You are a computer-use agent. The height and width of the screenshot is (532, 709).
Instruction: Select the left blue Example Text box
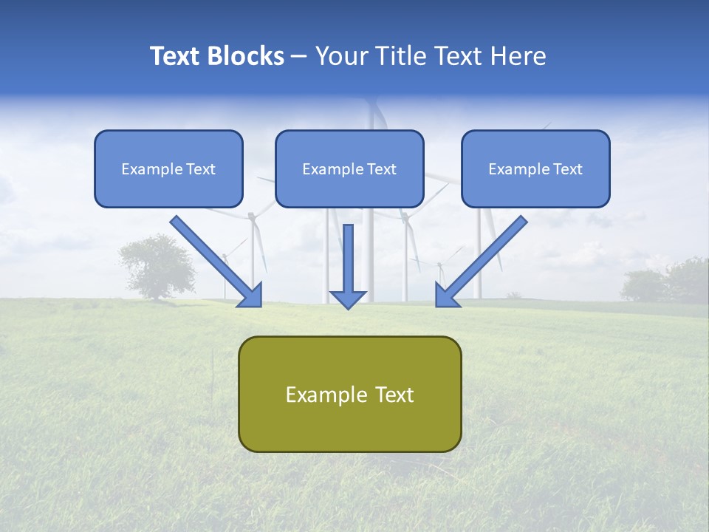[x=168, y=168]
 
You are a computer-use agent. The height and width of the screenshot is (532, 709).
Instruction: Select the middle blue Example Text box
[x=349, y=168]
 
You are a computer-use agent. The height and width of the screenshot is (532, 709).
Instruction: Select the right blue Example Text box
[x=535, y=168]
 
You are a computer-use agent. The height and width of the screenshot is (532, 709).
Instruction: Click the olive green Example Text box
[x=350, y=394]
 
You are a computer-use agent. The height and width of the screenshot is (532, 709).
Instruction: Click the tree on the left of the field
[x=157, y=266]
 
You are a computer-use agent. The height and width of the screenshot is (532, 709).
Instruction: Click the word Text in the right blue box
[x=567, y=169]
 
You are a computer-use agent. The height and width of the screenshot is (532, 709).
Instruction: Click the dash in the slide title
[x=299, y=57]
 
